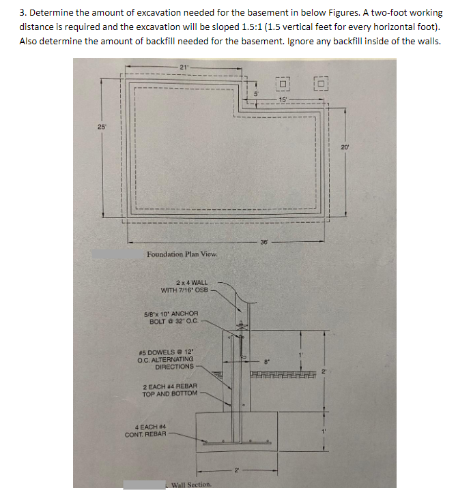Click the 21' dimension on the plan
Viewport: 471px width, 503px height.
184,66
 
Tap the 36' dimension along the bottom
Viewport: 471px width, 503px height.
264,241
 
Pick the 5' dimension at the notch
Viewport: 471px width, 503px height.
256,92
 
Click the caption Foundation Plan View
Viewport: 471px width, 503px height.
182,254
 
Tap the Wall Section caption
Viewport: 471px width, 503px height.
191,485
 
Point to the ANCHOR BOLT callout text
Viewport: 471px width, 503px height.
174,317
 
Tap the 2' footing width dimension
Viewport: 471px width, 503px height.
236,470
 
